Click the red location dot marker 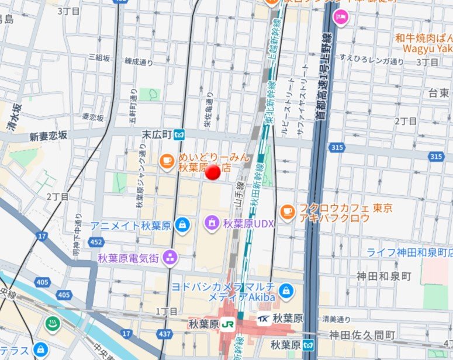[213, 172]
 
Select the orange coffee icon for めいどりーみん [167, 160]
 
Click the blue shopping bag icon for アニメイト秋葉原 [183, 225]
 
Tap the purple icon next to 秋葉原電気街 [170, 257]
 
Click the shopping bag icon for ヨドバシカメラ [285, 290]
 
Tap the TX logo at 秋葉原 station [264, 319]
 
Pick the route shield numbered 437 [166, 334]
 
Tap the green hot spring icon [51, 323]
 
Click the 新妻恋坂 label [49, 136]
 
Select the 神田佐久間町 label [361, 334]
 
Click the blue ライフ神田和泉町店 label [410, 252]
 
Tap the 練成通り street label [139, 61]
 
